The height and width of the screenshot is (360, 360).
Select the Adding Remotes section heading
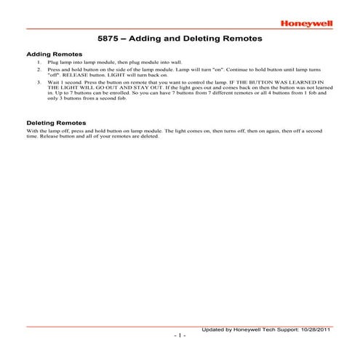tap(54, 55)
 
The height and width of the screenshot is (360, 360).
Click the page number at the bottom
tap(180, 336)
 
